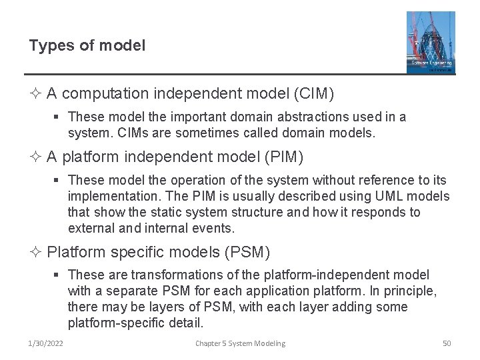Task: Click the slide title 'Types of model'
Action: click(x=87, y=45)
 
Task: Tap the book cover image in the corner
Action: click(x=431, y=41)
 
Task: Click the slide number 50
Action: click(x=447, y=343)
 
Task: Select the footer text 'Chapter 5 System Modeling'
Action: click(x=240, y=343)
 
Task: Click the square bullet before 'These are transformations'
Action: click(x=59, y=275)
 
